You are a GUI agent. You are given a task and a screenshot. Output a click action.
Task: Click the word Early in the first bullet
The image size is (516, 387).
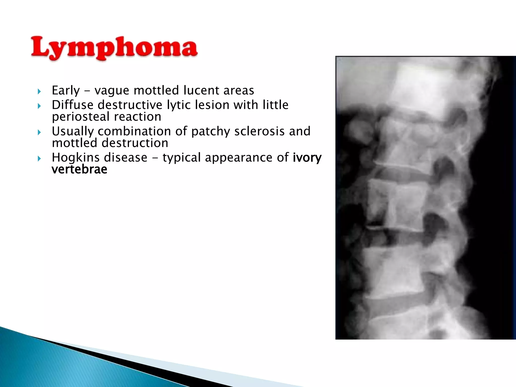66,90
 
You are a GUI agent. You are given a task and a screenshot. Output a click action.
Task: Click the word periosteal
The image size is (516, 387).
81,117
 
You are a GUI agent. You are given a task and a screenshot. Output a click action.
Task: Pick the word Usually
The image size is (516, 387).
73,131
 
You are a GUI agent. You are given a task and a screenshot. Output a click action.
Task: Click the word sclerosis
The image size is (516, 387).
260,131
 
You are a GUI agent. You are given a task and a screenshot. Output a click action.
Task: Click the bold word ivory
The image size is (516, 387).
307,158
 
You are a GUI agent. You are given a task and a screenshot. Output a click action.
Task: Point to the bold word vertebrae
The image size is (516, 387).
79,169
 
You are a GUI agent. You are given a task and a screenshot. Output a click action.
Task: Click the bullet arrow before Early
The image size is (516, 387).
39,91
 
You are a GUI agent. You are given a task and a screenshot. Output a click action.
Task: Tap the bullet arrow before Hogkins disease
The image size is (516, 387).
39,158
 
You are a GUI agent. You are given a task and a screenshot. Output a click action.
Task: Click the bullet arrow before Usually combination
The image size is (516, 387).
39,132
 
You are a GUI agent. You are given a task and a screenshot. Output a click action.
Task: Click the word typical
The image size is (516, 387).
181,158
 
